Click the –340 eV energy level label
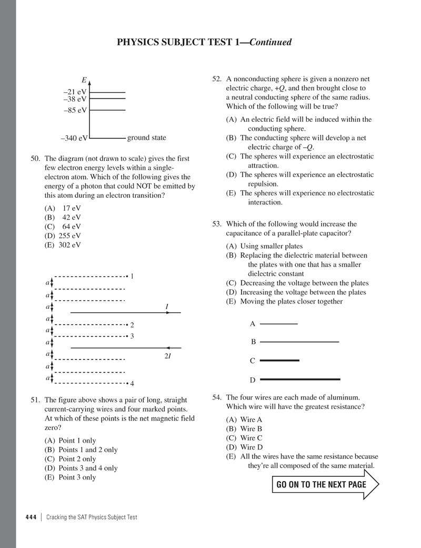point(74,139)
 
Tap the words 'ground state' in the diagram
point(146,138)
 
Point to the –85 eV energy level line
point(107,110)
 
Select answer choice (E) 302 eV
point(63,245)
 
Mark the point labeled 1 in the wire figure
point(128,276)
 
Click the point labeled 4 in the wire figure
point(128,383)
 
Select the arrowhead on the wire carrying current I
point(168,312)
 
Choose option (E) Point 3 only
point(71,477)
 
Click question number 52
point(217,79)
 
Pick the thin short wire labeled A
point(279,324)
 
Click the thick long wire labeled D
point(300,379)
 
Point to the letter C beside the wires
point(253,361)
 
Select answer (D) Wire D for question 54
point(244,447)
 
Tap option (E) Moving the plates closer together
point(284,301)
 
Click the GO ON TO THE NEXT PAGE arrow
point(325,485)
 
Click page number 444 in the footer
point(31,517)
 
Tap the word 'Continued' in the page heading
point(270,42)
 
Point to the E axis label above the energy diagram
point(84,80)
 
